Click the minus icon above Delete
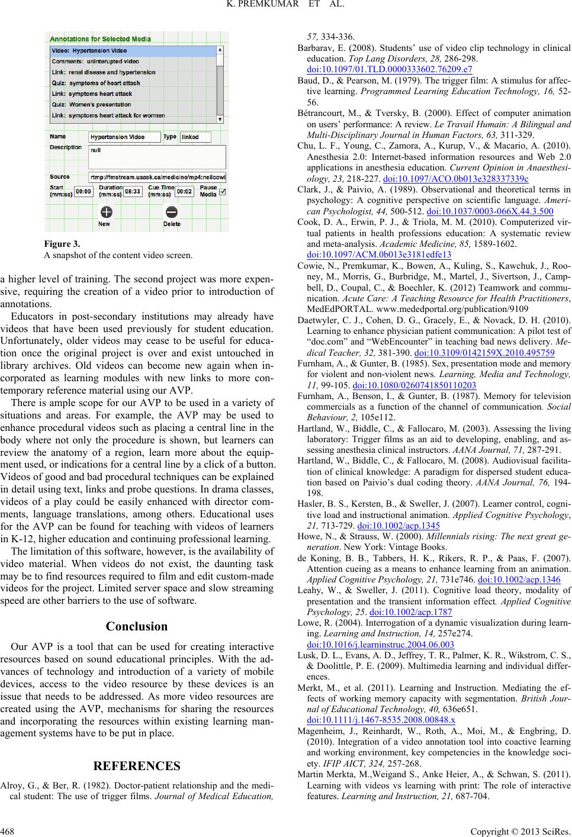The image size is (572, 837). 171,213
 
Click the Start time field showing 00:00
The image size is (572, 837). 83,191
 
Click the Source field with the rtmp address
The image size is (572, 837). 157,176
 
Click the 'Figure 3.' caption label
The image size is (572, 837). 57,260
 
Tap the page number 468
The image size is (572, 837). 8,829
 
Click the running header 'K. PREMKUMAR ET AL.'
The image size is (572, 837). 285,7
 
